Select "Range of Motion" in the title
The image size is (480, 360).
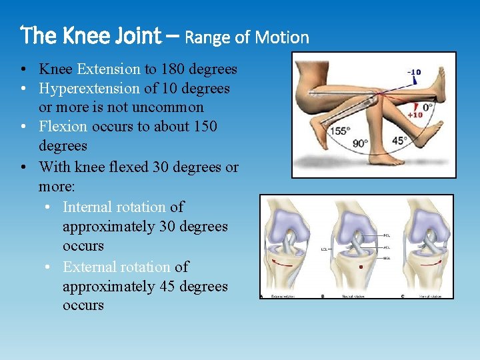tap(247, 37)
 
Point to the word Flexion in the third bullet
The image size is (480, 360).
tap(63, 127)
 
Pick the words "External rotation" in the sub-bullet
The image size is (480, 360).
tap(116, 267)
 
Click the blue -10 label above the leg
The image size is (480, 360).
tap(415, 73)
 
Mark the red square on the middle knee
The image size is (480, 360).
tap(361, 267)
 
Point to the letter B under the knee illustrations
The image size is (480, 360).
tap(323, 296)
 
